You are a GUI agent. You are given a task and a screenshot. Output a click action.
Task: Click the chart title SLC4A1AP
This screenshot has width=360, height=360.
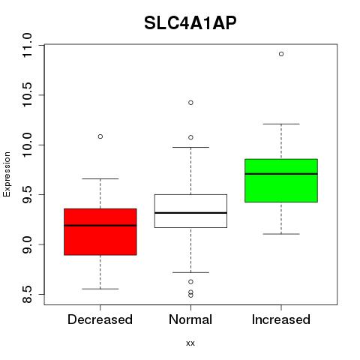190,23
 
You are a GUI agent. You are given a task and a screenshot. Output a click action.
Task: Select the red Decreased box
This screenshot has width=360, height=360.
100,232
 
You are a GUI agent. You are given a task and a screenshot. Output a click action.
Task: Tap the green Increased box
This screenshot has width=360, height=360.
281,181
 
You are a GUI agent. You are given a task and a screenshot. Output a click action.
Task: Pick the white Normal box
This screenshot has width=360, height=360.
190,211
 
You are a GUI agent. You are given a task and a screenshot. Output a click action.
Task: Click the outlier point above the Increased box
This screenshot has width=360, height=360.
281,54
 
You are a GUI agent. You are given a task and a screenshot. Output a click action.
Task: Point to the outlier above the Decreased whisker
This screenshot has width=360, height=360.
100,136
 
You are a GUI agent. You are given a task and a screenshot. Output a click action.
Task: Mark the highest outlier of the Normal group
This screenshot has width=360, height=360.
190,103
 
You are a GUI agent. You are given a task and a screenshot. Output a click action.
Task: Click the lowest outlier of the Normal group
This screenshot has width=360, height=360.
190,295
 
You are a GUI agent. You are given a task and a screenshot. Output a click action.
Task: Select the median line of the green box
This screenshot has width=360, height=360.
281,174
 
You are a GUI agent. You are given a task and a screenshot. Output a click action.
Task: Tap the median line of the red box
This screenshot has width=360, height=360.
100,226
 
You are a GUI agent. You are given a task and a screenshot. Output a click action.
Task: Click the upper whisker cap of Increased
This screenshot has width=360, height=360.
281,124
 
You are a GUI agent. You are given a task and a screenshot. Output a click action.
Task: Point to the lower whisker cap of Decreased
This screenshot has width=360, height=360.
100,289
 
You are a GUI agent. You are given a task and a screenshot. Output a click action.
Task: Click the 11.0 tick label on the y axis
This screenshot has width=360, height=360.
27,46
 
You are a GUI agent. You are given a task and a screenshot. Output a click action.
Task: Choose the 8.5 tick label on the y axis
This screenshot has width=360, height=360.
27,295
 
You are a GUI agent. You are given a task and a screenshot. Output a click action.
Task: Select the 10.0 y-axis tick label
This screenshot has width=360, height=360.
27,145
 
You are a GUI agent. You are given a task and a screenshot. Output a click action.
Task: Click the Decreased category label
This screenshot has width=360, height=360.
100,319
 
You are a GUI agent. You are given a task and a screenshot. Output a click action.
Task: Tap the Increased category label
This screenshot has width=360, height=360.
281,319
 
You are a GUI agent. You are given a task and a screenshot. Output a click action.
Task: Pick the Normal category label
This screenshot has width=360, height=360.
190,319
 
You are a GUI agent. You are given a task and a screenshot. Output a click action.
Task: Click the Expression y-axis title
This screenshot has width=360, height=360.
7,174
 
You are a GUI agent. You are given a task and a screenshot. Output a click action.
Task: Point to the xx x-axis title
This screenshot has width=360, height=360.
190,343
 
